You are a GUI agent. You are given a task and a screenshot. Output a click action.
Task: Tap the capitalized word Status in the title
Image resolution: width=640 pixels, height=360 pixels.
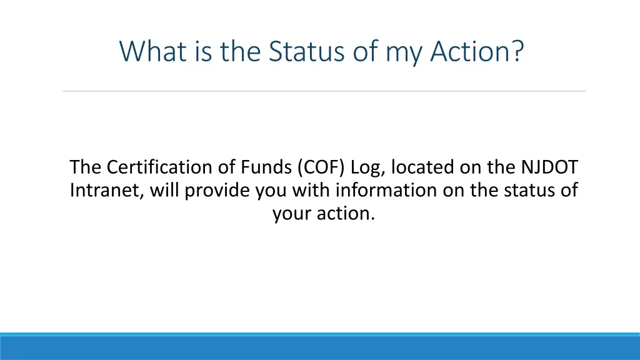pyautogui.click(x=306, y=51)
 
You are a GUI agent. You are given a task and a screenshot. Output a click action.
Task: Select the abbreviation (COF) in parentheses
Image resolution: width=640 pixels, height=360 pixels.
pyautogui.click(x=321, y=167)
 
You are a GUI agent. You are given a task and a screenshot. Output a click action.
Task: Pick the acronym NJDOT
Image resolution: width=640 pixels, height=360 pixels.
pyautogui.click(x=549, y=167)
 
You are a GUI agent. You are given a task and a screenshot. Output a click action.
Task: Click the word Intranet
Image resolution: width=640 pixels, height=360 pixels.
pyautogui.click(x=107, y=190)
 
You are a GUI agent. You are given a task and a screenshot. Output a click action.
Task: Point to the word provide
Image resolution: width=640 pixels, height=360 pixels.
pyautogui.click(x=217, y=191)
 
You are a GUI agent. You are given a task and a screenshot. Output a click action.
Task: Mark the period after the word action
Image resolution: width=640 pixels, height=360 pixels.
pyautogui.click(x=372, y=219)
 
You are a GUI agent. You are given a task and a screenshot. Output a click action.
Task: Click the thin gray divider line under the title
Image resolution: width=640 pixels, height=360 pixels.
pyautogui.click(x=324, y=91)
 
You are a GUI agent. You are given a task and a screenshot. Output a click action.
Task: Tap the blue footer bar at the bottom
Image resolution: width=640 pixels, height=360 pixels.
pyautogui.click(x=320, y=346)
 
